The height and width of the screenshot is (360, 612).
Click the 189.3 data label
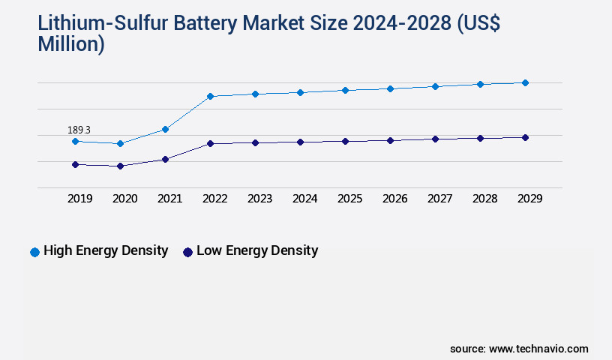tap(79, 130)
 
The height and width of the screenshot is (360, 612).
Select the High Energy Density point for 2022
tap(210, 96)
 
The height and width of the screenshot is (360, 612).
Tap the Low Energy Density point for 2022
tap(210, 143)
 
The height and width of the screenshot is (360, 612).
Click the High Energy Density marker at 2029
tap(525, 82)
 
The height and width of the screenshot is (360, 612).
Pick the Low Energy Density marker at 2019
tap(75, 164)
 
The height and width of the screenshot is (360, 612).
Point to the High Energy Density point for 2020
tap(120, 143)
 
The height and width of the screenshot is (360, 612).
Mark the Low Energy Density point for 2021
tap(165, 159)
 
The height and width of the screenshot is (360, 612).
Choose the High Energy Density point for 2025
tap(345, 90)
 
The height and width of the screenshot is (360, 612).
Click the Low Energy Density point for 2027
tap(435, 139)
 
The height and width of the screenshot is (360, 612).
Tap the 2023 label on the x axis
tap(259, 199)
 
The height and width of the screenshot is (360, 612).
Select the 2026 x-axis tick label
tap(394, 199)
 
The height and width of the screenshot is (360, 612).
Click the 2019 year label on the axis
tap(79, 199)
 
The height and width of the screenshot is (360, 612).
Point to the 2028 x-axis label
tap(484, 199)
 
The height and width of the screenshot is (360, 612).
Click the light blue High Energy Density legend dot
tap(34, 252)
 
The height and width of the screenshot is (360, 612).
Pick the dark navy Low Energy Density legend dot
tap(187, 252)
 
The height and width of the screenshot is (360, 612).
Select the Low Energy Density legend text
tap(257, 250)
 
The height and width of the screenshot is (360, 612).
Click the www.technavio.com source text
tap(538, 349)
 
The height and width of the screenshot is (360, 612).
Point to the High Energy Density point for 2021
tap(165, 129)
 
